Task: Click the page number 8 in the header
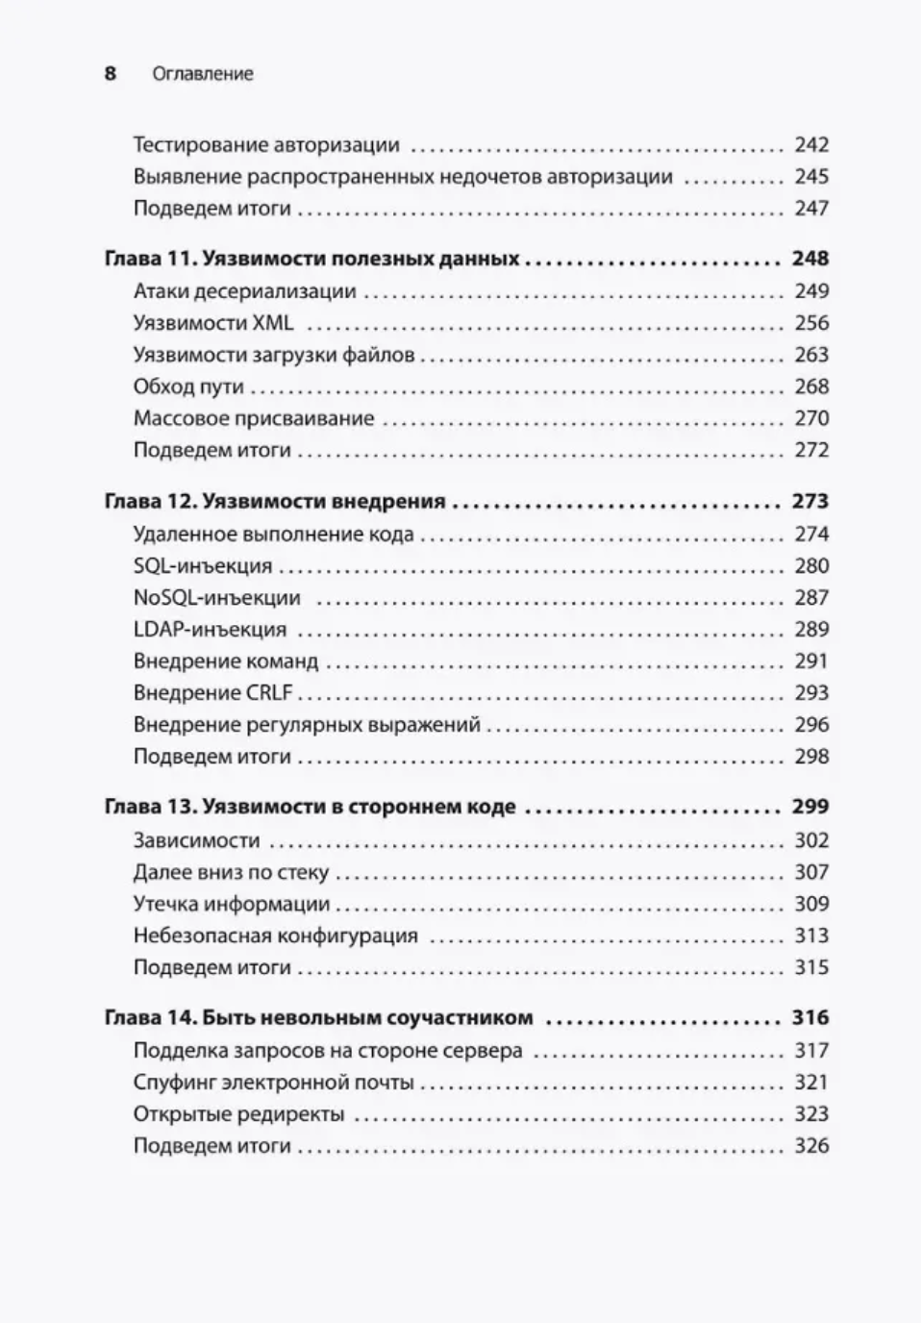point(111,74)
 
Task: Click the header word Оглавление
point(203,74)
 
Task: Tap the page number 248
point(809,259)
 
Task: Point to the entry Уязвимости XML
point(213,323)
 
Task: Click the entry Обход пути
point(188,387)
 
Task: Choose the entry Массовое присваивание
point(254,418)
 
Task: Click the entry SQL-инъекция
point(203,565)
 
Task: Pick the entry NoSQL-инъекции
point(217,597)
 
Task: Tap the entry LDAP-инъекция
point(210,630)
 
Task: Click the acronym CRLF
point(269,693)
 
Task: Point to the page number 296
point(811,725)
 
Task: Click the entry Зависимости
point(197,840)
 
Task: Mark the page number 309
point(811,904)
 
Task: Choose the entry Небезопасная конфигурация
point(276,936)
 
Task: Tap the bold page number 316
point(809,1017)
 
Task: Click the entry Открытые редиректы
point(239,1114)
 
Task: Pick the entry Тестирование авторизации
point(266,145)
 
